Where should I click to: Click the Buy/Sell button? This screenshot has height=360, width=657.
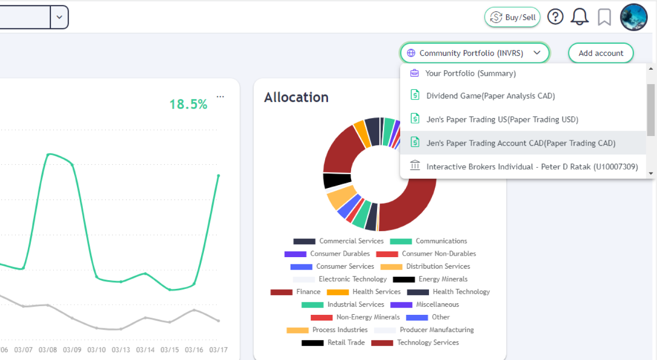(512, 17)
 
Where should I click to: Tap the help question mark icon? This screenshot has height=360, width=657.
(555, 17)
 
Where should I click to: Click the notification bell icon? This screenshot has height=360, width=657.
(580, 17)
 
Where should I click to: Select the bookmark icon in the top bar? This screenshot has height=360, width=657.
(604, 17)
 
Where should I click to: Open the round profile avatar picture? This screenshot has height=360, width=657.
(633, 17)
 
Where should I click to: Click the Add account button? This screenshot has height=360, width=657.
(601, 53)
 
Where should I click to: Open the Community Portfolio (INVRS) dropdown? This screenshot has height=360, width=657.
(474, 53)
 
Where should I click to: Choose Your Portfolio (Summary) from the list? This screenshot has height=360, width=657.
(470, 74)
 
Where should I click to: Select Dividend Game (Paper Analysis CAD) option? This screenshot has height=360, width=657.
(490, 96)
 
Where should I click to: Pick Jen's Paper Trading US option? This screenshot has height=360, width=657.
(502, 119)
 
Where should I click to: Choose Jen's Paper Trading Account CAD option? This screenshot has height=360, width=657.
(520, 143)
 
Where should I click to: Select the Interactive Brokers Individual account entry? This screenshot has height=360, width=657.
(531, 167)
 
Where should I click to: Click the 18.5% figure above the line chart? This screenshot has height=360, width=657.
(188, 104)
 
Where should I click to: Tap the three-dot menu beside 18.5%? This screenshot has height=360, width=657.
(220, 97)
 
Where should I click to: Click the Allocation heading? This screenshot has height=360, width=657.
(296, 97)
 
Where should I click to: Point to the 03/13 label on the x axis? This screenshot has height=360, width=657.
(121, 349)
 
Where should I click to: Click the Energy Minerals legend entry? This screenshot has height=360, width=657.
(442, 279)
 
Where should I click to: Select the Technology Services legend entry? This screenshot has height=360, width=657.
(428, 343)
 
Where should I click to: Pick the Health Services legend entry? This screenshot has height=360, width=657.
(376, 292)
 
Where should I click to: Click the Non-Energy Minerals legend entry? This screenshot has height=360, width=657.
(367, 317)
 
